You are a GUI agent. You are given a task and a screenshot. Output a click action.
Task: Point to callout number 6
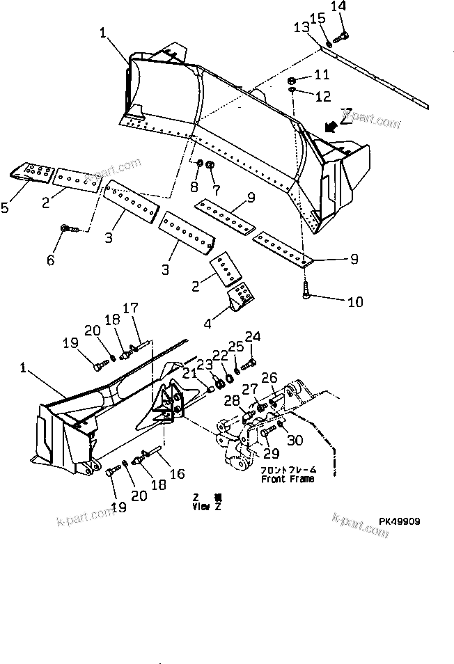(50, 260)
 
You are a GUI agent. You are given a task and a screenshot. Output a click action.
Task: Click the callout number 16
(177, 473)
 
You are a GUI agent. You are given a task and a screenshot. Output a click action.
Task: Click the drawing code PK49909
(400, 521)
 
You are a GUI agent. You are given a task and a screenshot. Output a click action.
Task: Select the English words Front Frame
(288, 479)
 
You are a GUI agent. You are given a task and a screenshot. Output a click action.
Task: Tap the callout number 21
(189, 374)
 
